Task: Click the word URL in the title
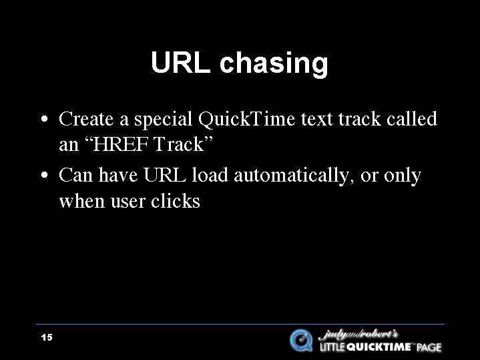pyautogui.click(x=181, y=62)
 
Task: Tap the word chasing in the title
pyautogui.click(x=274, y=64)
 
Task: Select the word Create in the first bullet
pyautogui.click(x=86, y=119)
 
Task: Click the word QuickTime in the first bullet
pyautogui.click(x=247, y=119)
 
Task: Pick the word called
pyautogui.click(x=412, y=119)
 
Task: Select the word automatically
pyautogui.click(x=292, y=176)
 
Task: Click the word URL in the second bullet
pyautogui.click(x=165, y=175)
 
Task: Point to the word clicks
pyautogui.click(x=176, y=201)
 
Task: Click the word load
pyautogui.click(x=210, y=175)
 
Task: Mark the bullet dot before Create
pyautogui.click(x=44, y=119)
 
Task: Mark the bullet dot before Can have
pyautogui.click(x=44, y=176)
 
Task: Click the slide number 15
pyautogui.click(x=47, y=337)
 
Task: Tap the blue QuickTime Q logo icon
pyautogui.click(x=301, y=340)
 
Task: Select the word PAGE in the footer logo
pyautogui.click(x=429, y=347)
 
